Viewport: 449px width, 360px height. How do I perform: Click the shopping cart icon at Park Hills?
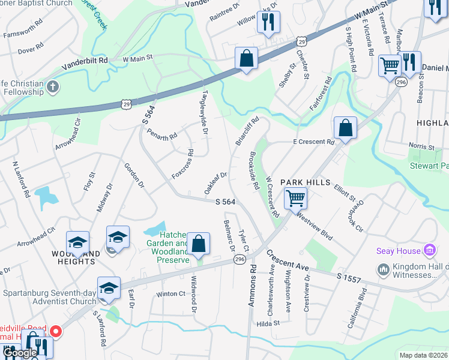tap(295, 198)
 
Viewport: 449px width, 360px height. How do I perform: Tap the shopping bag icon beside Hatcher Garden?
tap(197, 244)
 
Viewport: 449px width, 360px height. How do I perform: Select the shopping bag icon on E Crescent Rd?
tap(345, 127)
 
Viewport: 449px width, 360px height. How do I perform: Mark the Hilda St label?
tap(268, 323)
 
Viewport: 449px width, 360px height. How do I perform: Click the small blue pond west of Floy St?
tap(43, 196)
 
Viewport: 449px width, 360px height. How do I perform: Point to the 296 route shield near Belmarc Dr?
tap(240, 259)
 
